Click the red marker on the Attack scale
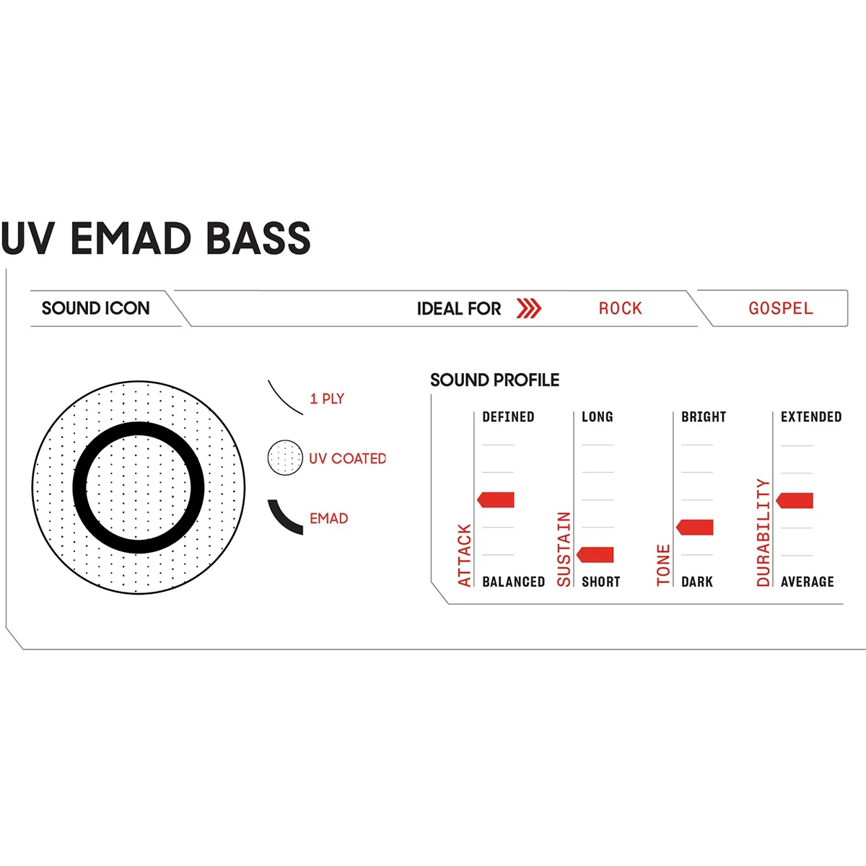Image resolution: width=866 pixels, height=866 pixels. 496,499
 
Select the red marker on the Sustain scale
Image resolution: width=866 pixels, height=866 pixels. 595,554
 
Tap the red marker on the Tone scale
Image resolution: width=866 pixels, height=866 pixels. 695,527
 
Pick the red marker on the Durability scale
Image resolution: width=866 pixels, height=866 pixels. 795,500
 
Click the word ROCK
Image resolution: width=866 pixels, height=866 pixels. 620,308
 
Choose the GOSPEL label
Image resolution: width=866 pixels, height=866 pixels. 780,308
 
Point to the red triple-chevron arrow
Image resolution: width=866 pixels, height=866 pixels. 529,308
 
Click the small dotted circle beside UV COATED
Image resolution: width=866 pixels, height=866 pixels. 285,458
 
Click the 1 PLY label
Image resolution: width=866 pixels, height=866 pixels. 327,398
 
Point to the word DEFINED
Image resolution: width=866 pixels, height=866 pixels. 508,416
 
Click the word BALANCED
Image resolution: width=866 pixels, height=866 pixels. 513,582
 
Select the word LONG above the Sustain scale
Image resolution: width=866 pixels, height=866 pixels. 597,416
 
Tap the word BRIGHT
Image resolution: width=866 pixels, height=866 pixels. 703,416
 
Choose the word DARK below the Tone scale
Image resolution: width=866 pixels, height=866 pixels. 696,582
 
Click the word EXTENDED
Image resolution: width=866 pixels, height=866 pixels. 810,416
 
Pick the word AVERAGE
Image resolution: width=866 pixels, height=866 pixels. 807,582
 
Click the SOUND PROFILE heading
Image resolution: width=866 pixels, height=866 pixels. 494,380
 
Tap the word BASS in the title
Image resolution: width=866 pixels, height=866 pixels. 258,238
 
